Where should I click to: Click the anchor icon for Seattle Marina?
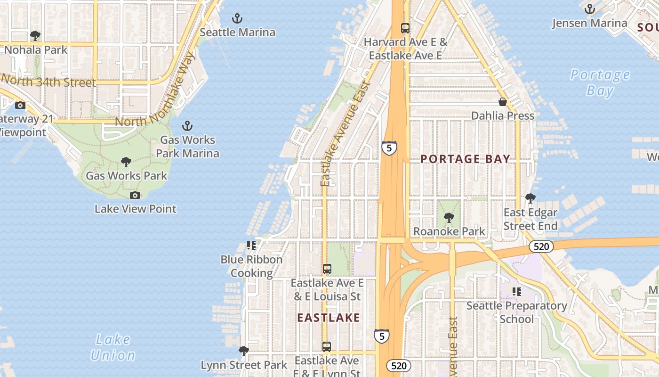(x=238, y=18)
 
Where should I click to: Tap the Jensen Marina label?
(x=589, y=23)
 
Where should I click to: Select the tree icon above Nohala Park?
(x=35, y=36)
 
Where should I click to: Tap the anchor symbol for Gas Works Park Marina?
(x=187, y=126)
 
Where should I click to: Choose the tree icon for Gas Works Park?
(x=126, y=162)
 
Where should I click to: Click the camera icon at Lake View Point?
(x=135, y=195)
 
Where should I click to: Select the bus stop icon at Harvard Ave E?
(x=405, y=28)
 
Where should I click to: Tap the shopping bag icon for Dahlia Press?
(x=503, y=102)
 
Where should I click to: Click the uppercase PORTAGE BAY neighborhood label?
(x=465, y=159)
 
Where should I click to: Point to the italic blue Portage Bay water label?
(x=600, y=82)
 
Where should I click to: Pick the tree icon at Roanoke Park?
(x=449, y=218)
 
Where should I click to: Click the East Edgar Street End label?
(x=530, y=219)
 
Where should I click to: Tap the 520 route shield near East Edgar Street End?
(x=541, y=246)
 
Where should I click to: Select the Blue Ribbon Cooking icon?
(x=251, y=246)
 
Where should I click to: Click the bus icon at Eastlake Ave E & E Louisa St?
(x=327, y=269)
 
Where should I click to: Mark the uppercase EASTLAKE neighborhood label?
(x=329, y=318)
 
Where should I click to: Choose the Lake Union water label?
(x=113, y=347)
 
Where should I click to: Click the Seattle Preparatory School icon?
(x=517, y=292)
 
